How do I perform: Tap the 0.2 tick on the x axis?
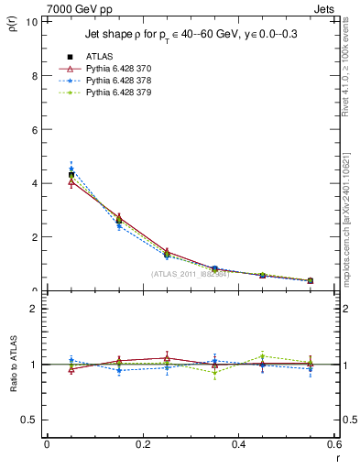(x=142, y=444)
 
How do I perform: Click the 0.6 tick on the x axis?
(x=333, y=444)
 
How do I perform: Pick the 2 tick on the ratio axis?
(x=33, y=309)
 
